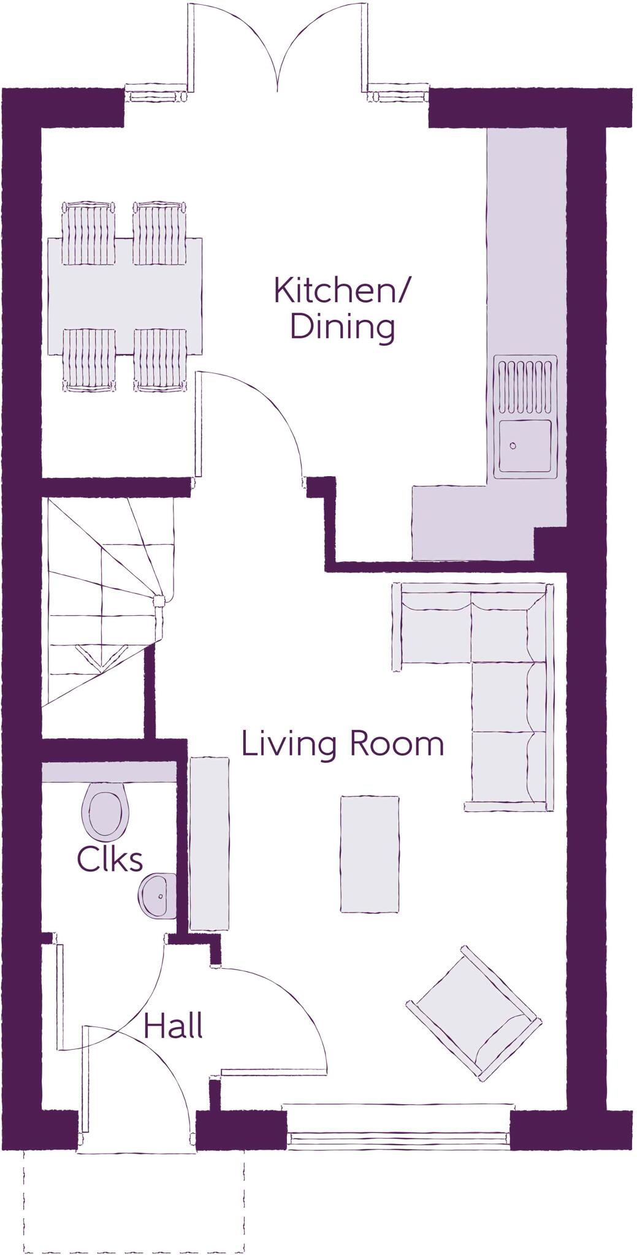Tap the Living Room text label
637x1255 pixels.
click(342, 743)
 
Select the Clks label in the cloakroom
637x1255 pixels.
click(110, 860)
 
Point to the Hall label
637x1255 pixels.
click(173, 1026)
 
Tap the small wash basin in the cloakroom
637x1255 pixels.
click(158, 896)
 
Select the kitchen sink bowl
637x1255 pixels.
click(525, 446)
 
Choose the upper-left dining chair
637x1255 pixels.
click(89, 233)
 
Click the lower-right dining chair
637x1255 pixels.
click(160, 360)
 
